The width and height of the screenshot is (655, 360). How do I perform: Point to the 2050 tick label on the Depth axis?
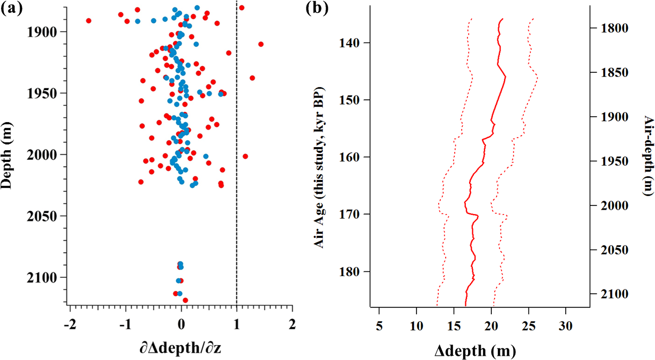[x=46, y=216]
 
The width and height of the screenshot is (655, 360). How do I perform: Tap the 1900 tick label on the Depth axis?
[x=46, y=32]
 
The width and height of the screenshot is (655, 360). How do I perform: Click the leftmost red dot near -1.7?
[x=89, y=21]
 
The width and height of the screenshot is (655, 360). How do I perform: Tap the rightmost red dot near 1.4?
[x=261, y=44]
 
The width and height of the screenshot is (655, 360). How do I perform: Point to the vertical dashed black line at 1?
[x=236, y=159]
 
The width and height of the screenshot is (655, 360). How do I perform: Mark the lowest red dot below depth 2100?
[x=185, y=301]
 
